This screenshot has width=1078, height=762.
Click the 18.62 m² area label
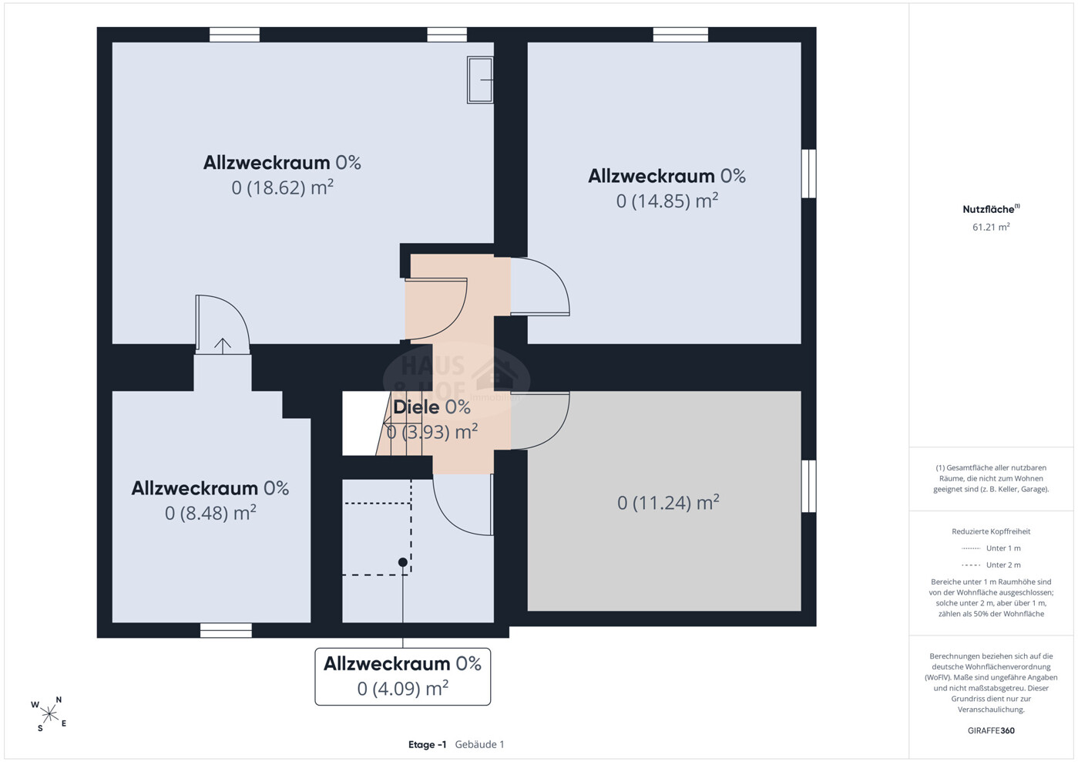click(283, 187)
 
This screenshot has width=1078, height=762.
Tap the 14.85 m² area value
click(667, 201)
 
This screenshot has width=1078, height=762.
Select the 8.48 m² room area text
click(210, 513)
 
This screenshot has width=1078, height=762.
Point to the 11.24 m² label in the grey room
click(668, 503)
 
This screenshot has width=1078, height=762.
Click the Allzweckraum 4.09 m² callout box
click(403, 676)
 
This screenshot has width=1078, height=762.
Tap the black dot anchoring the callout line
click(403, 562)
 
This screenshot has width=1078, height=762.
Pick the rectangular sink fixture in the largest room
click(480, 80)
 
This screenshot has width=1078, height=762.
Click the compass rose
click(49, 714)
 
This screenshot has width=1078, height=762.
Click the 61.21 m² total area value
click(991, 227)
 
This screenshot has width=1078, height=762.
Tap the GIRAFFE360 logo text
click(991, 730)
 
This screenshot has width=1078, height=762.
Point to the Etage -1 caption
click(428, 745)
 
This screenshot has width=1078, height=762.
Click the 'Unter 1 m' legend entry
click(991, 548)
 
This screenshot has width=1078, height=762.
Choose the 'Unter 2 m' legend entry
click(991, 565)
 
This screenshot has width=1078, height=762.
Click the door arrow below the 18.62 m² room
click(223, 346)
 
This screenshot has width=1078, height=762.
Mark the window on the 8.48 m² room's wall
click(226, 631)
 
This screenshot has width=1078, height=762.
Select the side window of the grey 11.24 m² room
click(809, 486)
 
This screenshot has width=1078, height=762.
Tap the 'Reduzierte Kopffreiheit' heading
click(991, 531)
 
